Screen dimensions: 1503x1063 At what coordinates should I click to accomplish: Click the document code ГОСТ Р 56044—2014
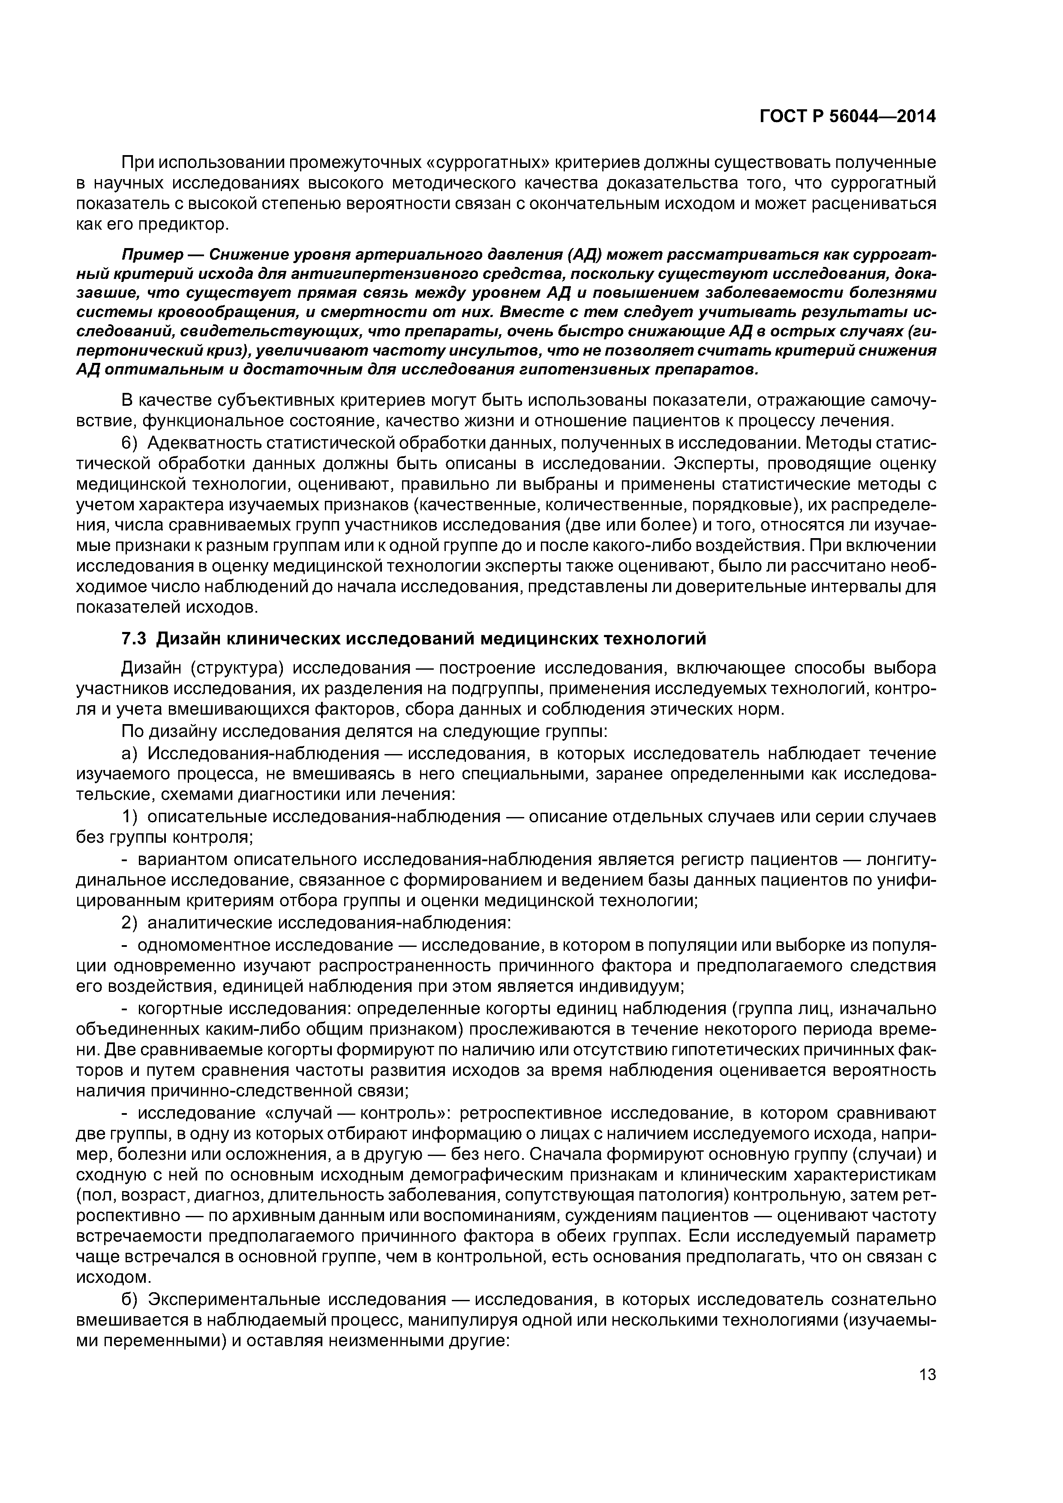847,117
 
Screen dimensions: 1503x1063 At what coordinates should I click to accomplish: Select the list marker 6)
130,443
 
